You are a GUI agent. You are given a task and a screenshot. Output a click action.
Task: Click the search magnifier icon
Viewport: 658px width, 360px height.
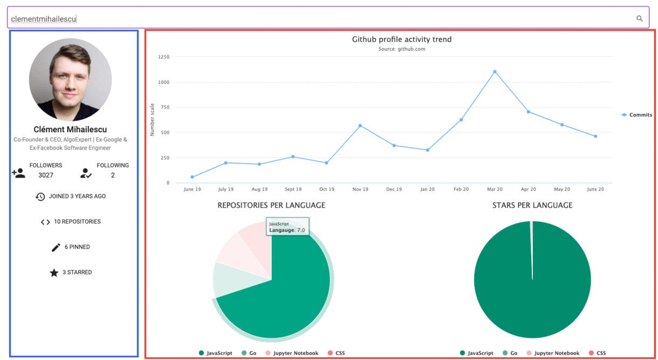(x=640, y=18)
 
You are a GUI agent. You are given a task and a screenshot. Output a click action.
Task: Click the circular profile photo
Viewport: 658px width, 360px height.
(x=70, y=79)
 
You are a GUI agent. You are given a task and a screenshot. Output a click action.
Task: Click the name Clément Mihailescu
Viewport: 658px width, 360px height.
(x=70, y=130)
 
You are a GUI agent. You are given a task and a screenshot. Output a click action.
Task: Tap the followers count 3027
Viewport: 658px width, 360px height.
(x=46, y=175)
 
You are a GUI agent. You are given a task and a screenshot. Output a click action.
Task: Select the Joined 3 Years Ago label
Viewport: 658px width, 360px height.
(x=77, y=196)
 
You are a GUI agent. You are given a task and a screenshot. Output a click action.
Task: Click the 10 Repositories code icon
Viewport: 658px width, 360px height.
(x=45, y=222)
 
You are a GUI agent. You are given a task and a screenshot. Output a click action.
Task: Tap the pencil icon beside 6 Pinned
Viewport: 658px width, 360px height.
(x=56, y=247)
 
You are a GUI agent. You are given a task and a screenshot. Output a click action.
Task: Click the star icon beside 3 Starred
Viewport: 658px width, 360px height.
(x=54, y=273)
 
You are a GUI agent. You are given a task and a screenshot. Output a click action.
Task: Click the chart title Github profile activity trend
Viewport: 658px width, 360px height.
(x=402, y=39)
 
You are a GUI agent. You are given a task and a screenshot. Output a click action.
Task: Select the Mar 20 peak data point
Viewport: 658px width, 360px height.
(x=495, y=71)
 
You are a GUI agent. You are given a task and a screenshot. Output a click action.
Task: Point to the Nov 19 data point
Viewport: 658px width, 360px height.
(x=360, y=126)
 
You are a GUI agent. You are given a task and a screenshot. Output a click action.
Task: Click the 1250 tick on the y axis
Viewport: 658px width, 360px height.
(x=163, y=57)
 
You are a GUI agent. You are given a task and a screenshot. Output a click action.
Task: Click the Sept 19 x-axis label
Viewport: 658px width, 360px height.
(x=293, y=189)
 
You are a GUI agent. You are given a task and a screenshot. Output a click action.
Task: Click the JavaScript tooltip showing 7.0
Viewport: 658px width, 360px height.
(x=287, y=227)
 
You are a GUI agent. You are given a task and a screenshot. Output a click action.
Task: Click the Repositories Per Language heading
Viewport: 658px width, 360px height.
(x=271, y=206)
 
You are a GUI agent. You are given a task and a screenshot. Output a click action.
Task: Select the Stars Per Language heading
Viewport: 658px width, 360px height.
(x=532, y=206)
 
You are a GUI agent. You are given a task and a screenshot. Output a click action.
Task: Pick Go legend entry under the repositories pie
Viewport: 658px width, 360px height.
(x=249, y=353)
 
